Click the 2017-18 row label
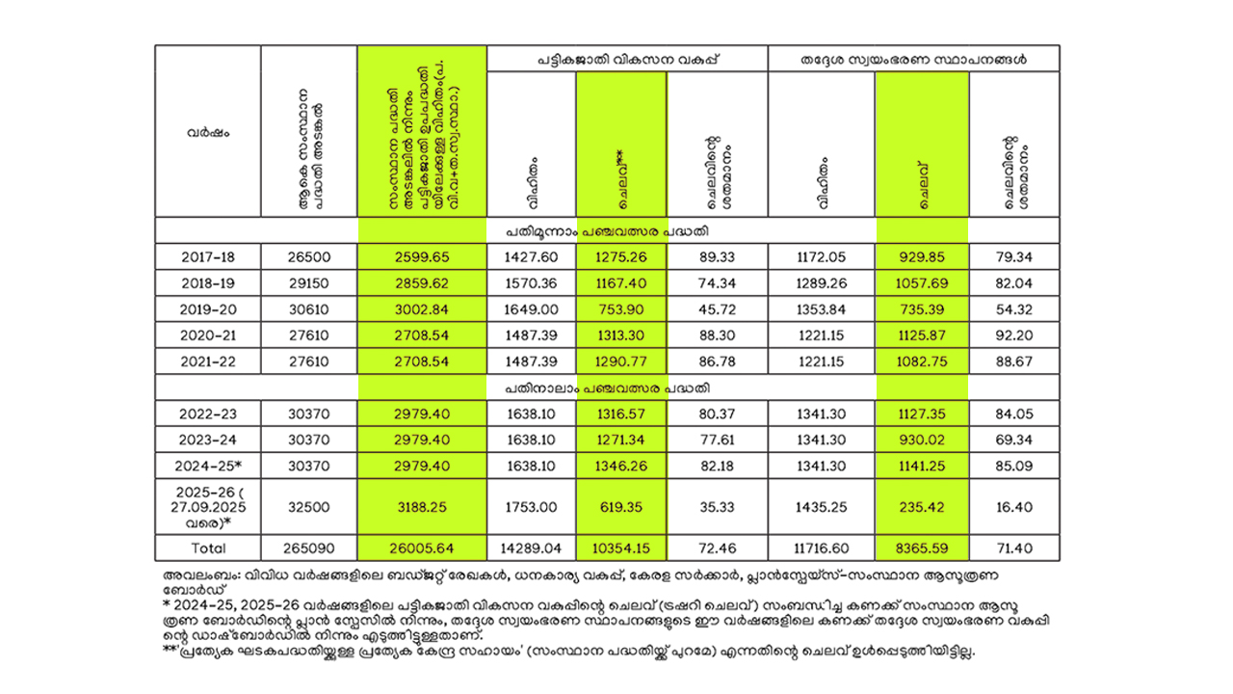click(207, 256)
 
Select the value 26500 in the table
click(308, 256)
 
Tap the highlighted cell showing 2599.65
click(422, 256)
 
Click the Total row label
click(207, 548)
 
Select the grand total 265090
click(308, 548)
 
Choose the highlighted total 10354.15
click(620, 548)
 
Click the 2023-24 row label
click(207, 440)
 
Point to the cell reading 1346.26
click(620, 466)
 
